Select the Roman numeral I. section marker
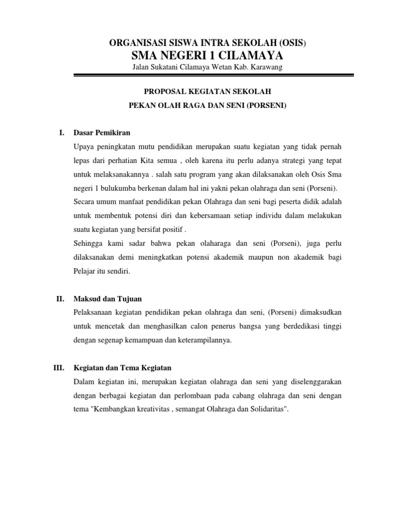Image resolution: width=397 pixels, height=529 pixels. (x=62, y=133)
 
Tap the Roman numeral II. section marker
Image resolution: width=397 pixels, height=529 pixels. (x=60, y=299)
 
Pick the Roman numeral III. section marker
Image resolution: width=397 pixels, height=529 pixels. (x=58, y=368)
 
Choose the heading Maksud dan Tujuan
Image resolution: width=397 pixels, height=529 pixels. (x=108, y=299)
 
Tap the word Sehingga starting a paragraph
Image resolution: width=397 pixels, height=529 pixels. (x=90, y=243)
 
